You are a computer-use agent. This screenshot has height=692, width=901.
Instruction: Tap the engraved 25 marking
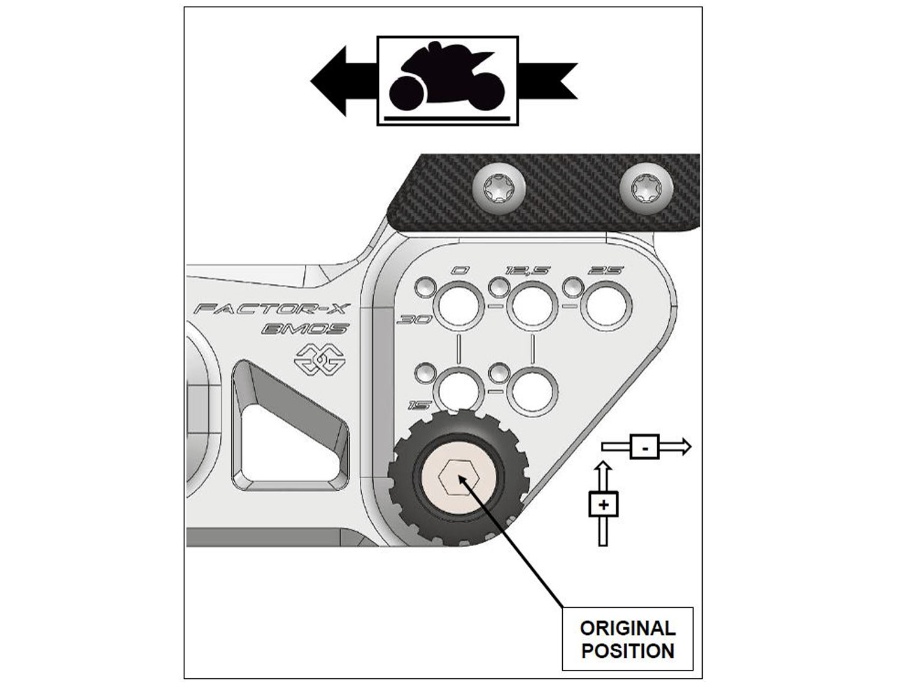click(605, 271)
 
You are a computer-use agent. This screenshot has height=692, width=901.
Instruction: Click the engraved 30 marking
click(415, 320)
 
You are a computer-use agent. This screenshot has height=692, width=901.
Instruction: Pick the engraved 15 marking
click(419, 405)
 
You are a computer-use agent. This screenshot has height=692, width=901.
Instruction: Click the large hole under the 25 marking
click(607, 307)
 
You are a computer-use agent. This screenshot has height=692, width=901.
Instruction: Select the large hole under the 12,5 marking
click(533, 307)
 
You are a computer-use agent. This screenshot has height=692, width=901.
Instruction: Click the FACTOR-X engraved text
click(272, 310)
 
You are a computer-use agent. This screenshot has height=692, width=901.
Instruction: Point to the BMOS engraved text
click(305, 329)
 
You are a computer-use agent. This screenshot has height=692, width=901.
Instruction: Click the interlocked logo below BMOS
click(318, 359)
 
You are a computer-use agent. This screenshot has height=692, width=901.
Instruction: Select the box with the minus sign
click(645, 447)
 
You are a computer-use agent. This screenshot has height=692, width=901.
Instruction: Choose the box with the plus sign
click(603, 505)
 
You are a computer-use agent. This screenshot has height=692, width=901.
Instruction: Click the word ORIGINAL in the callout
click(627, 628)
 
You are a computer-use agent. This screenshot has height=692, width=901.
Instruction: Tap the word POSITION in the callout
click(627, 651)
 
